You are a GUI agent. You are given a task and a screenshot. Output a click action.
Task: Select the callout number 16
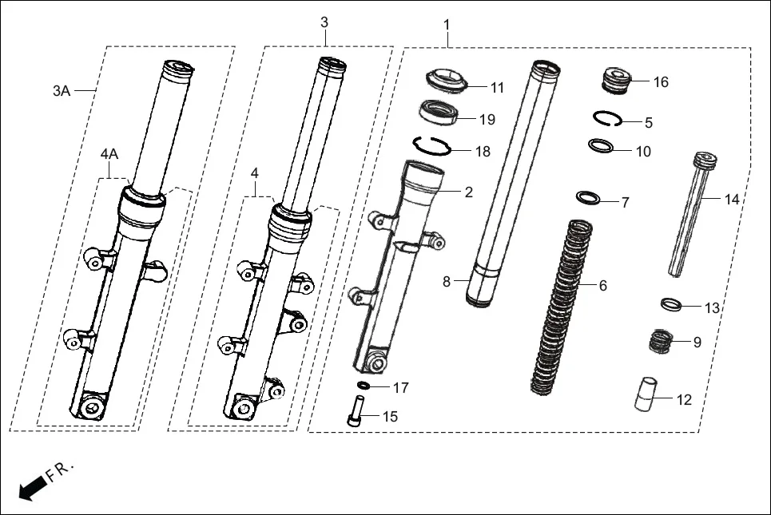click(661, 82)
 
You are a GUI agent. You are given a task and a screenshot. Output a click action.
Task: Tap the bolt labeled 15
click(355, 414)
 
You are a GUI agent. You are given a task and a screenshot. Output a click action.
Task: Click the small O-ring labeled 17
click(364, 386)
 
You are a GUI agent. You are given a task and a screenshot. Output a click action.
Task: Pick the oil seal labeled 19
click(439, 113)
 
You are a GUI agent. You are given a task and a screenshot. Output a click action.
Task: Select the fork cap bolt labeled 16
click(616, 79)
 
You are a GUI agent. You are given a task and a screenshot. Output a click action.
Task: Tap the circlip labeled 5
click(608, 119)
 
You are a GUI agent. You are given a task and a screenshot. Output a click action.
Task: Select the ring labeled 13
click(670, 304)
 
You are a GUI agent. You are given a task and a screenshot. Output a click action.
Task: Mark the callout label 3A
click(62, 91)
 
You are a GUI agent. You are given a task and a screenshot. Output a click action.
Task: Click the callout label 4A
click(109, 153)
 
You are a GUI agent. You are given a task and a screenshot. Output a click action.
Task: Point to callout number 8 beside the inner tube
click(447, 281)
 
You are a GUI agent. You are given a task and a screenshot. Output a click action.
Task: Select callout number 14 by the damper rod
click(732, 200)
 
